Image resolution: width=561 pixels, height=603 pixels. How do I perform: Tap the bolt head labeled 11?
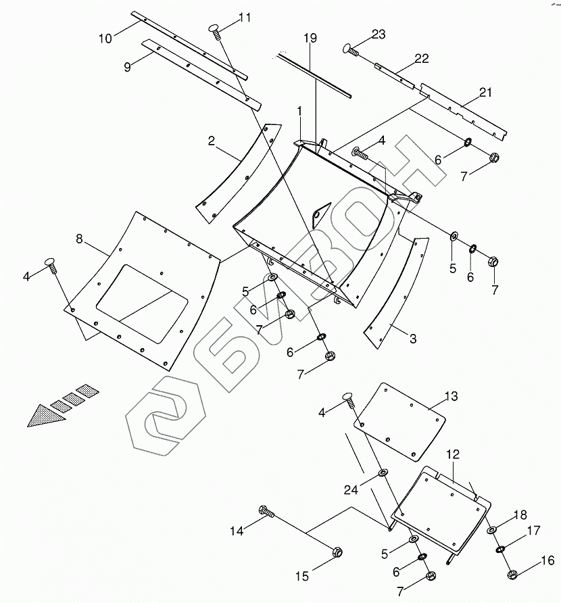(x=215, y=28)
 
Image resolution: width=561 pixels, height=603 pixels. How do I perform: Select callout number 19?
(x=310, y=39)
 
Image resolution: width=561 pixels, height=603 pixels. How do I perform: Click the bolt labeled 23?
(x=350, y=49)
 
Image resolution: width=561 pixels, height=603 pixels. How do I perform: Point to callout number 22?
(x=422, y=59)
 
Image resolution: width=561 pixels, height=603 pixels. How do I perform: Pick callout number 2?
(x=212, y=141)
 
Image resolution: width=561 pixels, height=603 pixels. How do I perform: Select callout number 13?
(x=451, y=395)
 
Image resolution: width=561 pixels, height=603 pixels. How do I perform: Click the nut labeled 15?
(x=336, y=552)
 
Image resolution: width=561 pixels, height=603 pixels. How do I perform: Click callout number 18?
(x=520, y=515)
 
